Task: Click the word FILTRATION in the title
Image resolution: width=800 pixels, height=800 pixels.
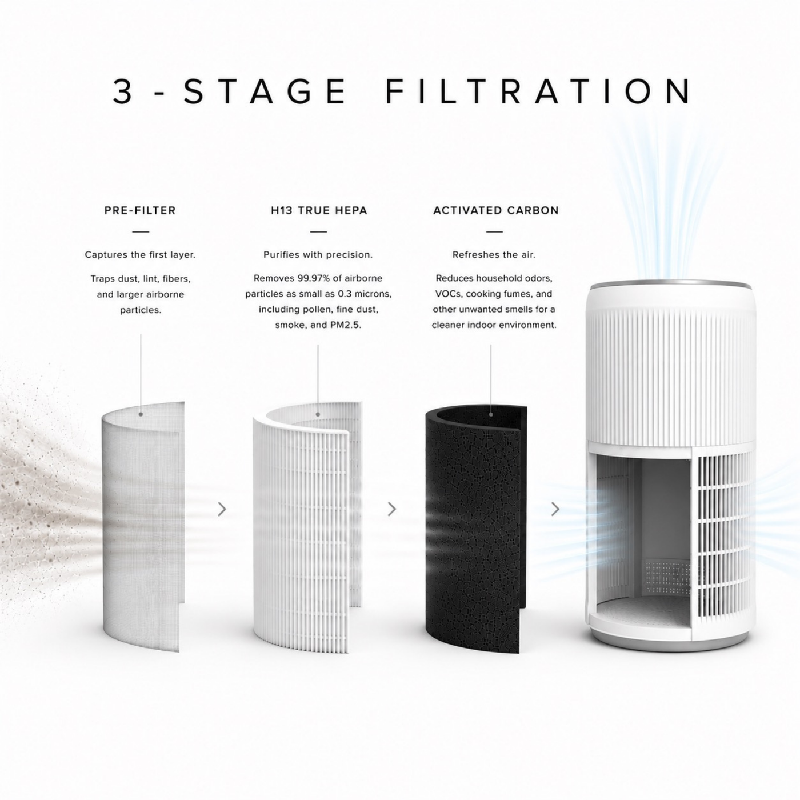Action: tap(538, 91)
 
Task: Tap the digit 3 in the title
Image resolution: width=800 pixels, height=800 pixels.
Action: tap(122, 91)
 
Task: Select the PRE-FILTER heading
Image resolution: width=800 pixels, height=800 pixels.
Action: tap(141, 210)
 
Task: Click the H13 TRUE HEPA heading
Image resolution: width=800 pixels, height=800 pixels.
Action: tap(319, 210)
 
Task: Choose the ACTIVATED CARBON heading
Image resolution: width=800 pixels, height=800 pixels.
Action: tap(496, 210)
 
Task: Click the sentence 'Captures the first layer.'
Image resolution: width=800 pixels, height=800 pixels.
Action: tap(141, 255)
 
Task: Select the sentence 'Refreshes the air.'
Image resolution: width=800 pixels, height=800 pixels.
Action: tap(494, 255)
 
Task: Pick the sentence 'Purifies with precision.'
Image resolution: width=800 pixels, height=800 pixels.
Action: tap(318, 255)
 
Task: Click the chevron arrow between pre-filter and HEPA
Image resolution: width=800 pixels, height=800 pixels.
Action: tap(222, 509)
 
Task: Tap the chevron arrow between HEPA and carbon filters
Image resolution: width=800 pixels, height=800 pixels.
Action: tap(392, 509)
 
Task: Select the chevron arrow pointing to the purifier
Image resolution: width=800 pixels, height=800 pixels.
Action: tap(555, 509)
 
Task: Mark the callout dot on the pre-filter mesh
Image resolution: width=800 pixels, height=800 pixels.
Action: tap(141, 414)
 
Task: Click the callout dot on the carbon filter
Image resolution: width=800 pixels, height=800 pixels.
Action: tap(491, 414)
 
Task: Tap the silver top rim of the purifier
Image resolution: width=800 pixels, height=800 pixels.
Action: tap(669, 285)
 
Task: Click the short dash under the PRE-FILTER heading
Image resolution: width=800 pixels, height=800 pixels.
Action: tap(141, 232)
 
